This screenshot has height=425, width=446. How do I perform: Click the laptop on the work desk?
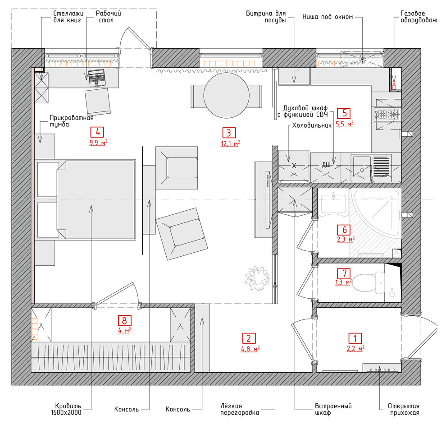97,78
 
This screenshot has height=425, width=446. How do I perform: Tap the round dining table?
227,96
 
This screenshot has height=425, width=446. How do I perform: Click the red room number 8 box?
125,321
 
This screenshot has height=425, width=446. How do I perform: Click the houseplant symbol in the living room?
257,278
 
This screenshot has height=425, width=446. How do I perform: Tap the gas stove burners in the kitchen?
387,115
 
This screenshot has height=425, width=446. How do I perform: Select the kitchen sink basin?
361,168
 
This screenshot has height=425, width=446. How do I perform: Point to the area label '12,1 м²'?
230,143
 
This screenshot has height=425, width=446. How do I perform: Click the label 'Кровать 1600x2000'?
68,409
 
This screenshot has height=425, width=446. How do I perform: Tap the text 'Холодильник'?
312,125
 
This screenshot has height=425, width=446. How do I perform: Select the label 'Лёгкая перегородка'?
240,409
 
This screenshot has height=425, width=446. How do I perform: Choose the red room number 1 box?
355,338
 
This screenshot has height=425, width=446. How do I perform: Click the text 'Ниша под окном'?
328,17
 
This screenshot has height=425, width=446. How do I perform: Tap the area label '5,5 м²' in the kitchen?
345,124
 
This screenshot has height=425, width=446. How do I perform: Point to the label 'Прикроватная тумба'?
71,121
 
